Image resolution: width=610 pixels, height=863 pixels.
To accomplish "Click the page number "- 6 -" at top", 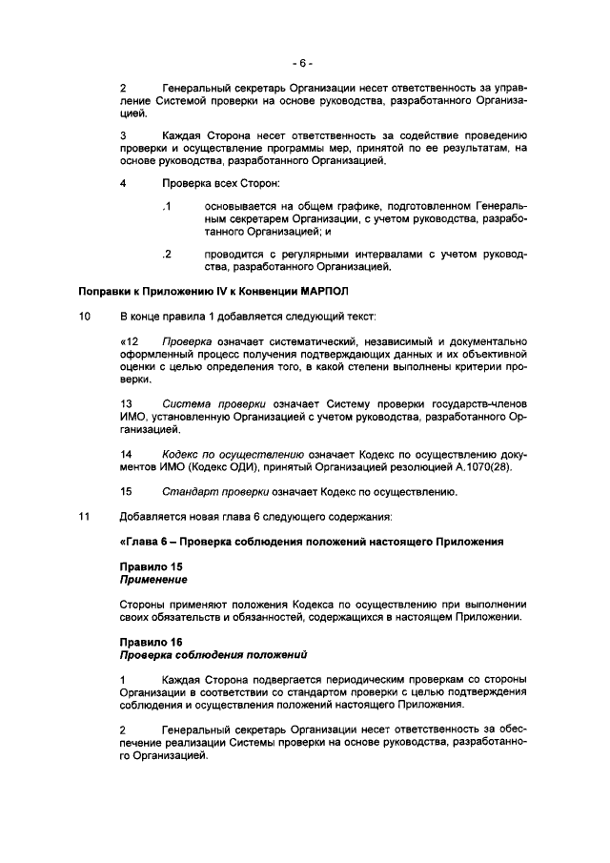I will point(304,64).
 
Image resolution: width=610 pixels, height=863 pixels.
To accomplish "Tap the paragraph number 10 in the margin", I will point(84,316).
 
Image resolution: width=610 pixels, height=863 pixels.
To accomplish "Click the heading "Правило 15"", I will point(144,567).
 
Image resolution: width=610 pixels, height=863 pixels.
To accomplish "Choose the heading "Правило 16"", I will point(144,642).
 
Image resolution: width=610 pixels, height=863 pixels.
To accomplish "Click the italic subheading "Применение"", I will point(152,580).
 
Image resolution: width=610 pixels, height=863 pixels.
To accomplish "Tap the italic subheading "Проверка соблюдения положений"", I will point(213,655).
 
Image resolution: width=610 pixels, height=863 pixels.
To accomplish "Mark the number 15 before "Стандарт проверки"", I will point(126,493).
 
